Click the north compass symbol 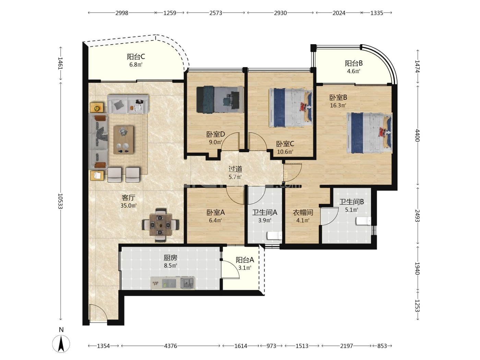click(61, 344)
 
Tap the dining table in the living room click(160, 225)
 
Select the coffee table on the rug click(123, 140)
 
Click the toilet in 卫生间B click(363, 221)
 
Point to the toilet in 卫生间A click(274, 236)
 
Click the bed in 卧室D click(220, 99)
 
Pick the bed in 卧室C click(291, 108)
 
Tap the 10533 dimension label click(60, 201)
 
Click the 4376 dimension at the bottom click(170, 346)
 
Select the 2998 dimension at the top click(122, 13)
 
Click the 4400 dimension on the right click(417, 135)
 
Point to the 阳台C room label click(136, 57)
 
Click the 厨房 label click(170, 258)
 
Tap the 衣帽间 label click(303, 212)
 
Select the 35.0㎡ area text click(129, 205)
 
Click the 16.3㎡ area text click(338, 105)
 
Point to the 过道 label click(235, 169)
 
